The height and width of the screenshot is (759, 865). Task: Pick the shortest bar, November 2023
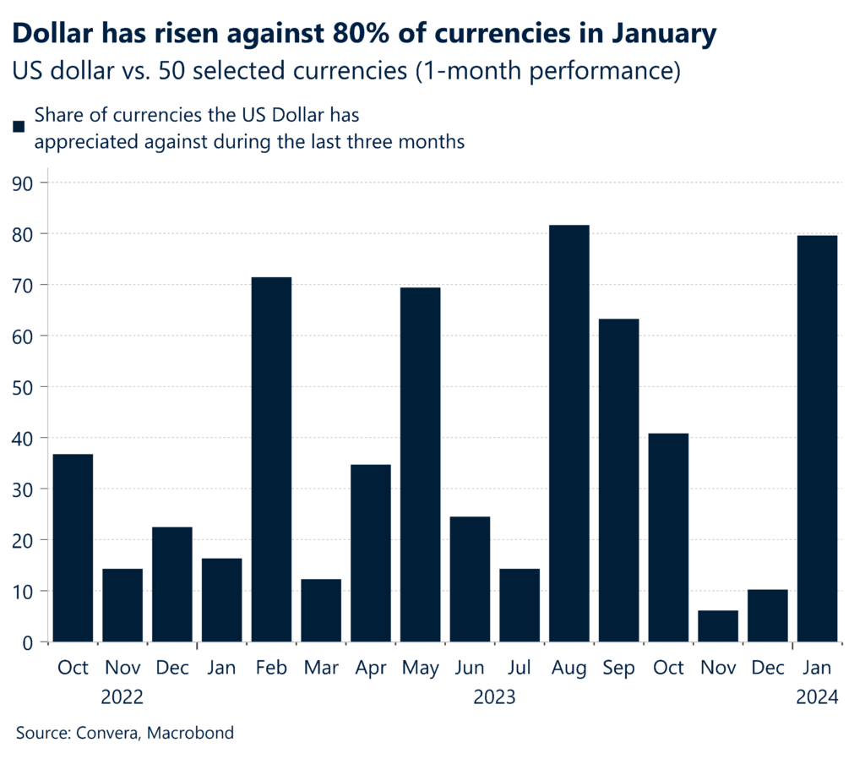click(718, 625)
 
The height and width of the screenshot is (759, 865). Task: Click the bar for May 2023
click(420, 464)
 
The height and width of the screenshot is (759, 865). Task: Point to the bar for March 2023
click(321, 610)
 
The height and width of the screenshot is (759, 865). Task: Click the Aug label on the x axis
click(569, 668)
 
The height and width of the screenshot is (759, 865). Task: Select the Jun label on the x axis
click(470, 668)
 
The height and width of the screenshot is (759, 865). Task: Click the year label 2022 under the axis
click(122, 698)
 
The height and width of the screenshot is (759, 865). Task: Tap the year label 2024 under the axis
click(817, 698)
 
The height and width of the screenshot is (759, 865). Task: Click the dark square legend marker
click(18, 127)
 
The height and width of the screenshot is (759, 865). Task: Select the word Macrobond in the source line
click(191, 733)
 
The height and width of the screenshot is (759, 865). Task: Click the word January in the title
click(653, 34)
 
